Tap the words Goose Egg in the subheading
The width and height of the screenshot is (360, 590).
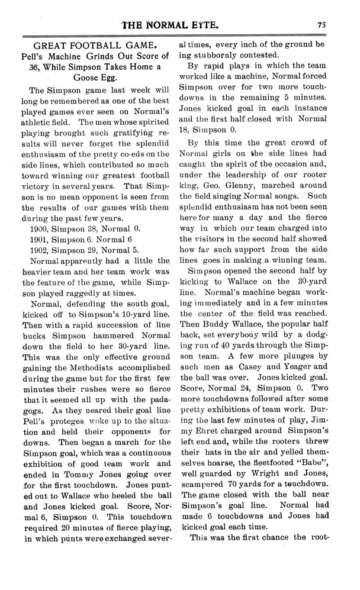(95, 78)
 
